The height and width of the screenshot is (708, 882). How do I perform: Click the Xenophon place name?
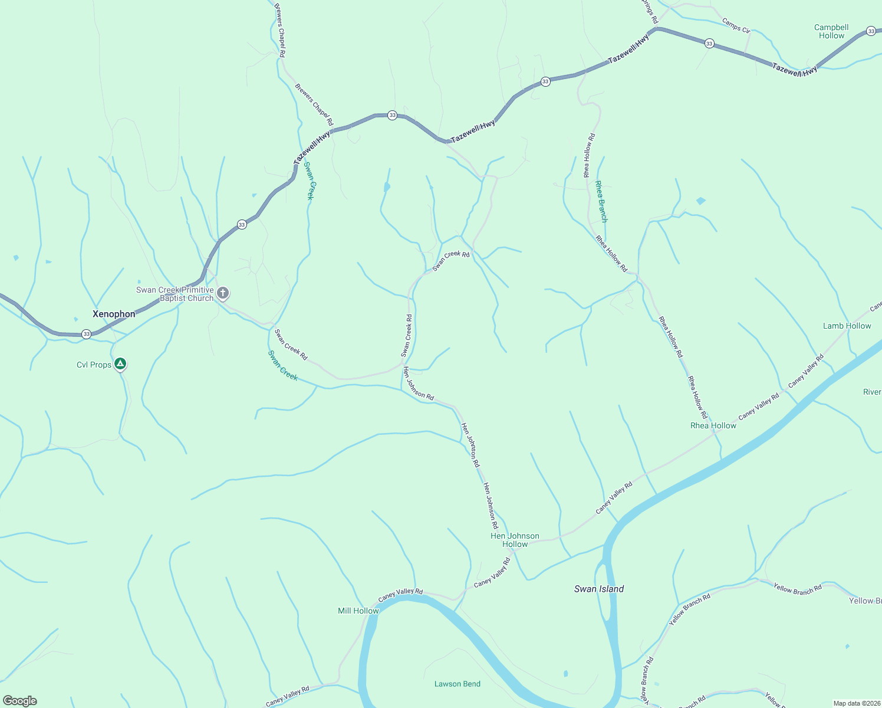(x=114, y=314)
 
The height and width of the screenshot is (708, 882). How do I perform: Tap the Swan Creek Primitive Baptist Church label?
(x=175, y=294)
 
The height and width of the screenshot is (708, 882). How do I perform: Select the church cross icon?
(x=223, y=293)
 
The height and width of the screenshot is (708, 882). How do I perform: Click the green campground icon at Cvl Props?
(x=120, y=364)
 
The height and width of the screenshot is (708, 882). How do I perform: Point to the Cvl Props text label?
(x=94, y=365)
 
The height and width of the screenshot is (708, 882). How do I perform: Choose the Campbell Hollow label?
(x=831, y=31)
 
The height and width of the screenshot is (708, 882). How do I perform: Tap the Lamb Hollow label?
(x=847, y=326)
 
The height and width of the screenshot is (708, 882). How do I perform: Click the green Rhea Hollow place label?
(x=713, y=425)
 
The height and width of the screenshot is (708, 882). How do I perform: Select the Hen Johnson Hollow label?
(x=515, y=540)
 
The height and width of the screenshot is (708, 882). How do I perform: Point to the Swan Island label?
(x=599, y=589)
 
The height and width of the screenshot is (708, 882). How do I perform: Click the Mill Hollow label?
(x=358, y=611)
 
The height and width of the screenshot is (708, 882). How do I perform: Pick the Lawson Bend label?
(x=458, y=684)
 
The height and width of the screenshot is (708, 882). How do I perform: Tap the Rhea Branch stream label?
(x=601, y=202)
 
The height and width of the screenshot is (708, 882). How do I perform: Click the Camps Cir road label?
(x=736, y=25)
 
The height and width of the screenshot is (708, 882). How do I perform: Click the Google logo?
(x=20, y=701)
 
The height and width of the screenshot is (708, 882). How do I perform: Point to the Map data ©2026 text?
(x=856, y=703)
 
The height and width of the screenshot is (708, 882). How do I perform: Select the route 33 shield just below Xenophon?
(x=87, y=334)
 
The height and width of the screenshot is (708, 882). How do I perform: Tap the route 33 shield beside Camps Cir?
(x=709, y=43)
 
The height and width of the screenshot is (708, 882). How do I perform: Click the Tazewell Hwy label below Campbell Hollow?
(x=795, y=70)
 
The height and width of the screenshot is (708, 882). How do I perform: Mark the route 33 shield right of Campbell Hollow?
(x=871, y=31)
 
